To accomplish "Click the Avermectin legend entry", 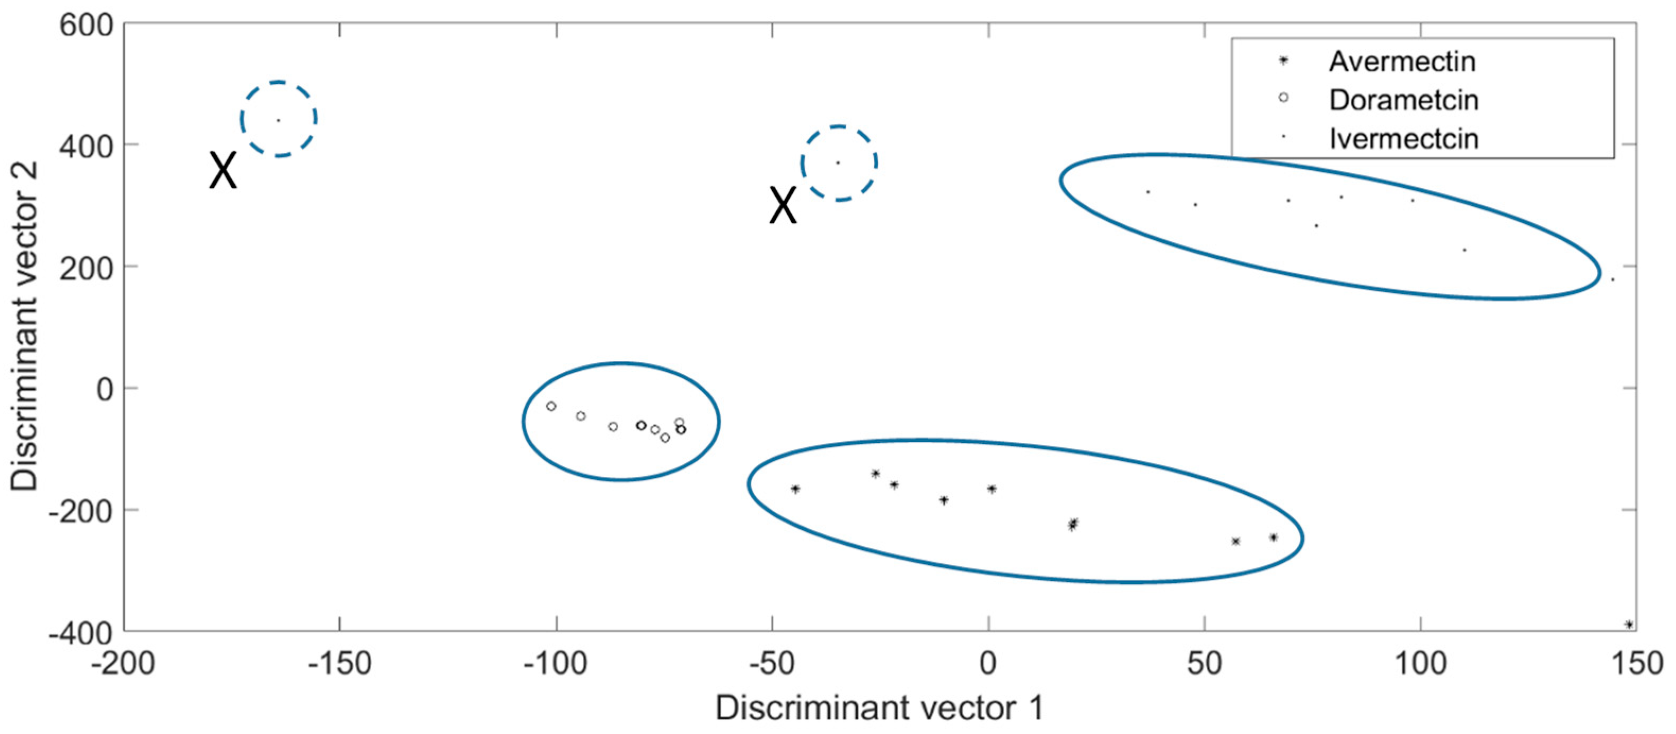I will pyautogui.click(x=1401, y=62).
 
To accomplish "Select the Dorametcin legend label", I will pyautogui.click(x=1403, y=100).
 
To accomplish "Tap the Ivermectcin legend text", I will pyautogui.click(x=1403, y=138).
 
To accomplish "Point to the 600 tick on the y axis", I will pyautogui.click(x=86, y=26).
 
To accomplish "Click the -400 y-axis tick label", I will pyautogui.click(x=81, y=633).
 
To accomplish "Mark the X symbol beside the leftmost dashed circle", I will pyautogui.click(x=223, y=170).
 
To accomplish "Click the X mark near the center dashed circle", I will pyautogui.click(x=783, y=206).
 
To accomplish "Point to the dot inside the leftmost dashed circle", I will pyautogui.click(x=278, y=120).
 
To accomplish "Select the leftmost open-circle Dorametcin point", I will pyautogui.click(x=551, y=406).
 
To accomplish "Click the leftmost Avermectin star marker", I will pyautogui.click(x=795, y=488).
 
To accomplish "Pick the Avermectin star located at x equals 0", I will pyautogui.click(x=991, y=488).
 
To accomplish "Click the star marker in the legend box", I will pyautogui.click(x=1283, y=60).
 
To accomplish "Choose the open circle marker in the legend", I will pyautogui.click(x=1283, y=98).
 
